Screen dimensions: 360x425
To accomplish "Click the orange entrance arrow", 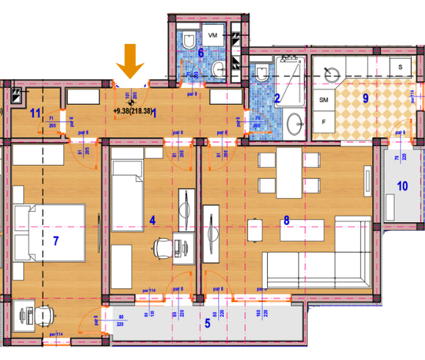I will [132, 61].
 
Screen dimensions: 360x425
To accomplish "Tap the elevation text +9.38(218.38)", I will [142, 111].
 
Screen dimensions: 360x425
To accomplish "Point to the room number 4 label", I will [152, 218].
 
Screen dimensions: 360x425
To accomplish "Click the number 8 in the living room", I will [286, 218].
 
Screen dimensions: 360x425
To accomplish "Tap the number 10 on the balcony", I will [402, 185].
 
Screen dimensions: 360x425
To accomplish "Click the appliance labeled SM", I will [323, 99].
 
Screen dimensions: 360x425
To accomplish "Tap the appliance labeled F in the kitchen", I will [323, 122].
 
